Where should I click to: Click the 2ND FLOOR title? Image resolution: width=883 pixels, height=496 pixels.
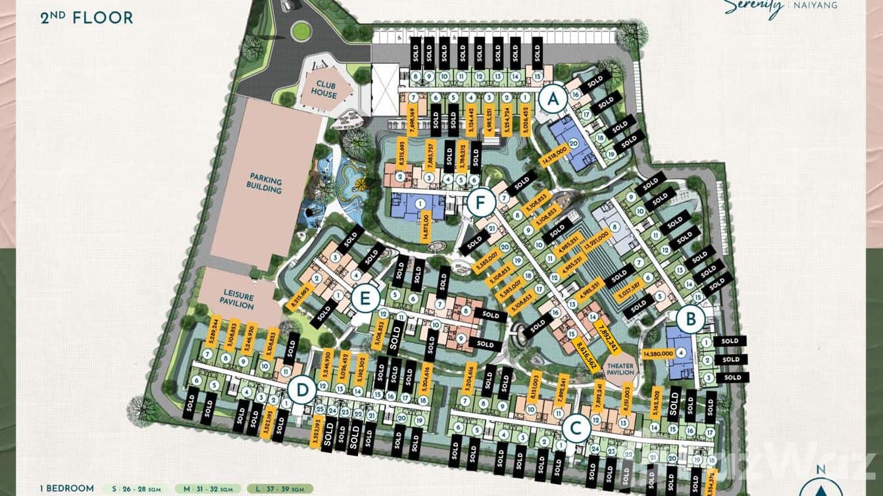click(x=87, y=18)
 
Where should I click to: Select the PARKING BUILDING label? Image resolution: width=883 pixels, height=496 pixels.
click(x=265, y=185)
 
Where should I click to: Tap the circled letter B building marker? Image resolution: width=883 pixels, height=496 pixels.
click(x=691, y=320)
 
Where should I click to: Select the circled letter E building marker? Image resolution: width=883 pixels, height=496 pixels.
click(x=363, y=299)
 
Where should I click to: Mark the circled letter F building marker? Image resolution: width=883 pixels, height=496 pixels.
click(x=481, y=202)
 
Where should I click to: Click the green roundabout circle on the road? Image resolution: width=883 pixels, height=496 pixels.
click(x=301, y=30)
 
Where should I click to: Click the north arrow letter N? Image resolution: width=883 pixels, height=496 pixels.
click(x=819, y=470)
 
